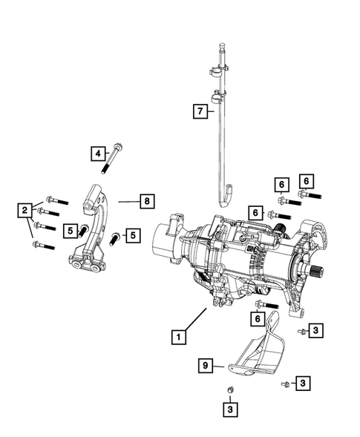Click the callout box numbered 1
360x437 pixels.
point(177,337)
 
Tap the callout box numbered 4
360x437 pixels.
point(97,154)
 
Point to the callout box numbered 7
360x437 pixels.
point(199,111)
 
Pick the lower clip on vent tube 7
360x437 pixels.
point(220,96)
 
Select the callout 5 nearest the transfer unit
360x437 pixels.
point(133,235)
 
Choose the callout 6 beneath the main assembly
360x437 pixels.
point(256,318)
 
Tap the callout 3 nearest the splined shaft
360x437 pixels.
point(316,330)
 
